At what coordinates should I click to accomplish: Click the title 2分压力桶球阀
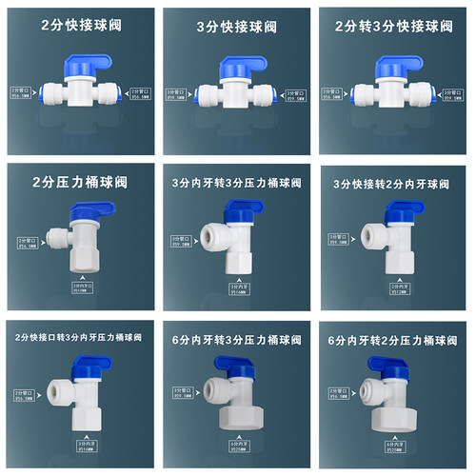click(80, 182)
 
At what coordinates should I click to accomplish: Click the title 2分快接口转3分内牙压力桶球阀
click(80, 336)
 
